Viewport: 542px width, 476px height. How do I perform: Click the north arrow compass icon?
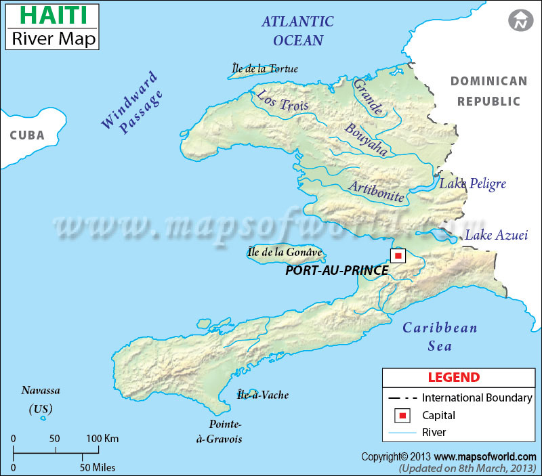coord(520,21)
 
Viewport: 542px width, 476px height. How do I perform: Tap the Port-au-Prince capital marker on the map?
coord(398,255)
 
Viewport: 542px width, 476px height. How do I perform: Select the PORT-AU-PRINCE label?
coord(337,270)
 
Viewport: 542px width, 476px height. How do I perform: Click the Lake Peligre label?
coord(473,184)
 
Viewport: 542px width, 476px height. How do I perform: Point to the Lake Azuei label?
coord(495,236)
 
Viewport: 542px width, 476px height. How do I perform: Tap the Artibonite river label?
coord(377,192)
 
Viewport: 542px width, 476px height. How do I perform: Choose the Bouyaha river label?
coord(366,140)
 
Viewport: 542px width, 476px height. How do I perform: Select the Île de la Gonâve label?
coord(285,253)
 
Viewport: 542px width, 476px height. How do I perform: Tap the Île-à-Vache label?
coord(263,395)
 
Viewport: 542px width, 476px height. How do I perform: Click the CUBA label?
coord(27,135)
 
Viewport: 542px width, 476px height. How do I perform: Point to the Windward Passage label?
coord(132,102)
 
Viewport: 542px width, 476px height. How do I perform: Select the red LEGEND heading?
coord(453,377)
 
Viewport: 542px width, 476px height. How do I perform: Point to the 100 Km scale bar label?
coord(102,439)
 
